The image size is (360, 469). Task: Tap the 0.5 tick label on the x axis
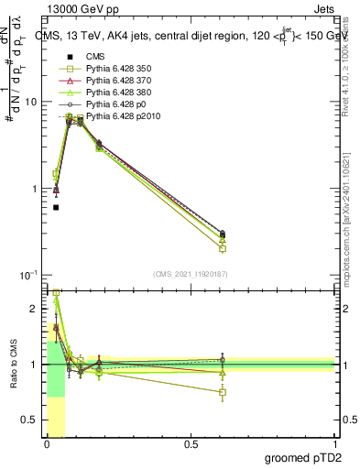click(191, 444)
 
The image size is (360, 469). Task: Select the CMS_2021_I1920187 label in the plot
click(190, 274)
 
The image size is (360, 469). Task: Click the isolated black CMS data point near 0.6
click(56, 207)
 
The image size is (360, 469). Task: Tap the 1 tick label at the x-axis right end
click(335, 444)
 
